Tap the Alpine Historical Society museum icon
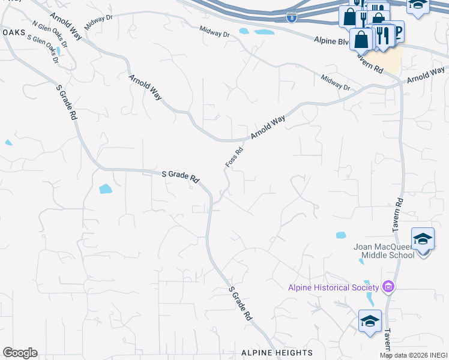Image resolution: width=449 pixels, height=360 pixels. pos(388,287)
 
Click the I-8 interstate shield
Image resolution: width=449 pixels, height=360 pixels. pos(291,19)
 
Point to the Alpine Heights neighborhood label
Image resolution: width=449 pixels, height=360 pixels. pos(277,352)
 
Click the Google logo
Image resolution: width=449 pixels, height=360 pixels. pos(20,353)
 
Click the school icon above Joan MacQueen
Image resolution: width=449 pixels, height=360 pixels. pos(423,239)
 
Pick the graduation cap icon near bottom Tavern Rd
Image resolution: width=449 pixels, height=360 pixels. pos(370,320)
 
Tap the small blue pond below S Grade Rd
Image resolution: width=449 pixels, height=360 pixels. pos(105,189)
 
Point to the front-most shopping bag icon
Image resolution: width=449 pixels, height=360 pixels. pos(361,40)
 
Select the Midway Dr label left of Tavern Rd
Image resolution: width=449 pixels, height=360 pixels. pos(335,83)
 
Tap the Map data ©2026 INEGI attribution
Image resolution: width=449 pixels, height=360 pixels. pos(414,355)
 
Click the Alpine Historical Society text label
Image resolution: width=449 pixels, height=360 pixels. pos(336,287)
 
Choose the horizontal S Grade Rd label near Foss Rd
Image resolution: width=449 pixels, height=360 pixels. pos(180,176)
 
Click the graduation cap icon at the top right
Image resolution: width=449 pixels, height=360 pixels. pos(418,4)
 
